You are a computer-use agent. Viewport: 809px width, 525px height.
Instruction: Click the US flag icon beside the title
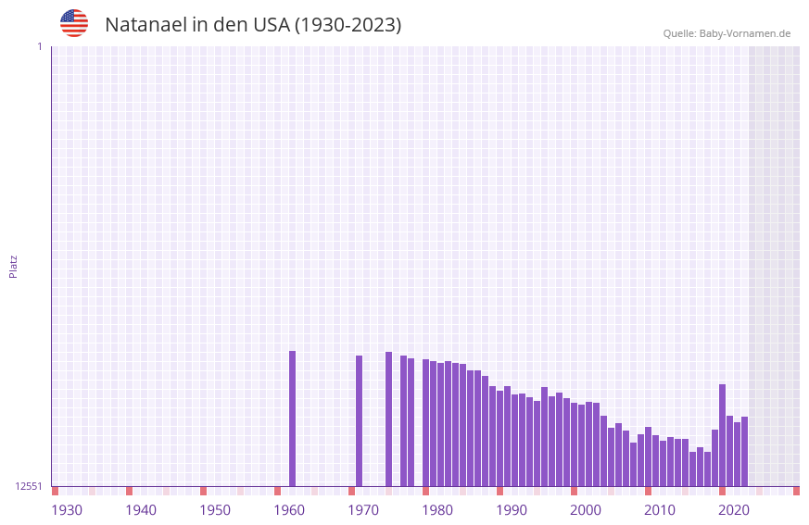click(74, 23)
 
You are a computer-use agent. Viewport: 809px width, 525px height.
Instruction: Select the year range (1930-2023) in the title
click(348, 25)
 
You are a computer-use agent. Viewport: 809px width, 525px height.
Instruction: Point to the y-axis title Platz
click(13, 266)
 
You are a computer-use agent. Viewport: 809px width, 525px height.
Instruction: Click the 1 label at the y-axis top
click(39, 46)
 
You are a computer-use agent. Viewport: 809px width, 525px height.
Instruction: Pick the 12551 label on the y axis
click(29, 486)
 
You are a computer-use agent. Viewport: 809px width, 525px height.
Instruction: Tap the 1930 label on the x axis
click(67, 510)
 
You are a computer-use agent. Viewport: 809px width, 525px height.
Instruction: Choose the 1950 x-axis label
click(215, 510)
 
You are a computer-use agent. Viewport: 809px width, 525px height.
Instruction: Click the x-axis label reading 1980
click(437, 510)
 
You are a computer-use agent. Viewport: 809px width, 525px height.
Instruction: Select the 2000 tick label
click(586, 510)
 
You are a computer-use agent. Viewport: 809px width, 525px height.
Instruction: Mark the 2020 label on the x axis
click(734, 510)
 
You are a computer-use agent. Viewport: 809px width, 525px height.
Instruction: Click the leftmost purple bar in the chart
click(292, 419)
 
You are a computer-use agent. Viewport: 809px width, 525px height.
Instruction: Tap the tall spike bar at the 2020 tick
click(722, 435)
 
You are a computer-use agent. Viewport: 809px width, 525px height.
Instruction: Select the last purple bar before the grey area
click(744, 451)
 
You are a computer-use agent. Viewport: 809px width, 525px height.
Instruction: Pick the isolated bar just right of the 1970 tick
click(359, 421)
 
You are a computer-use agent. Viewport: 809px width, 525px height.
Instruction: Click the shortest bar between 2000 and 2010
click(633, 464)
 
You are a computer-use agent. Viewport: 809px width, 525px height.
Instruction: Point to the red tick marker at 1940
click(129, 491)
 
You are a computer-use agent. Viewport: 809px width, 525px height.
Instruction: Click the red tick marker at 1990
click(499, 491)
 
